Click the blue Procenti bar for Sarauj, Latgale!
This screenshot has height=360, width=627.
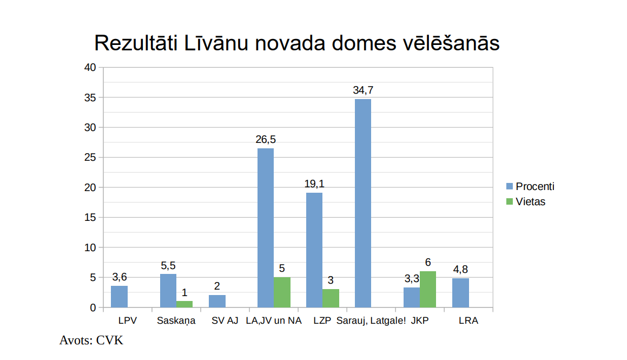tap(363, 203)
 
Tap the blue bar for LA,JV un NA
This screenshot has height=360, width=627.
tap(265, 228)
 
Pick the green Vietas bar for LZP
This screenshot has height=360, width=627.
tap(331, 298)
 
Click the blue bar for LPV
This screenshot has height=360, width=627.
tap(119, 297)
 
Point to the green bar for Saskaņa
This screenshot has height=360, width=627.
tap(184, 304)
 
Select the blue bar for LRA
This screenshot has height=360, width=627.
tap(460, 293)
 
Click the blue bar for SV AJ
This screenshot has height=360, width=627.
tap(217, 301)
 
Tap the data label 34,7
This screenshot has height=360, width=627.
tap(363, 90)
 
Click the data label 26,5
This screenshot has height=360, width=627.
tap(265, 140)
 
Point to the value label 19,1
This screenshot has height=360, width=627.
tap(314, 184)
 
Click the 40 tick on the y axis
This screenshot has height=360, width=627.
tap(90, 68)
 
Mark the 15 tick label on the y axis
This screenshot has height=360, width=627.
tap(90, 218)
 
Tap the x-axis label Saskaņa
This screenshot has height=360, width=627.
tap(176, 320)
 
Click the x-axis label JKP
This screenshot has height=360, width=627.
tap(419, 320)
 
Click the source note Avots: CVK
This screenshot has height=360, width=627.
tap(91, 341)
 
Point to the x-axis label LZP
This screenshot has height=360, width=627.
tap(322, 320)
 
